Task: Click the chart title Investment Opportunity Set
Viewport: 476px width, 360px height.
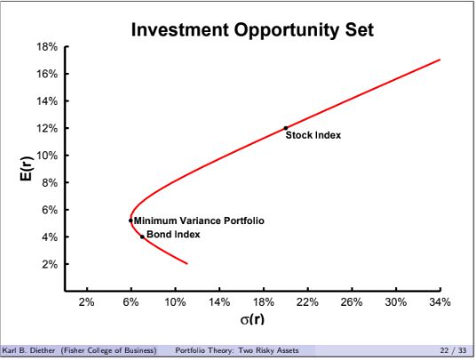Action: pyautogui.click(x=252, y=30)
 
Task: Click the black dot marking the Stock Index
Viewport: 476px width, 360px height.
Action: pyautogui.click(x=285, y=128)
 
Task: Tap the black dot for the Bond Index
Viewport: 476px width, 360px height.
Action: pyautogui.click(x=142, y=236)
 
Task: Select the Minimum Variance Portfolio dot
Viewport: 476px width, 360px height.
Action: pyautogui.click(x=131, y=220)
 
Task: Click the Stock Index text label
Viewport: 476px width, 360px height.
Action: pyautogui.click(x=313, y=136)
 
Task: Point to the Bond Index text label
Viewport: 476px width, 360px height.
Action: pyautogui.click(x=173, y=235)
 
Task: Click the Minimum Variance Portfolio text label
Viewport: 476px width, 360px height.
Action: pyautogui.click(x=199, y=220)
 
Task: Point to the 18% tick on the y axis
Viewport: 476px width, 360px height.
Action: pyautogui.click(x=46, y=46)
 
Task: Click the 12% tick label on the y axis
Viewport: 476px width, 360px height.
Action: pyautogui.click(x=46, y=128)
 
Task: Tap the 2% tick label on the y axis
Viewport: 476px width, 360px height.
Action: pyautogui.click(x=49, y=265)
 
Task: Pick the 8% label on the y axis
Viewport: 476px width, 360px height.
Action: pyautogui.click(x=49, y=183)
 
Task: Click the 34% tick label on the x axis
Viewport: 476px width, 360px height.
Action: pyautogui.click(x=440, y=302)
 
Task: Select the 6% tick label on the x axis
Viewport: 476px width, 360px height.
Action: pyautogui.click(x=131, y=302)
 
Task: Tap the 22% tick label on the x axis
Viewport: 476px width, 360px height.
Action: pyautogui.click(x=307, y=302)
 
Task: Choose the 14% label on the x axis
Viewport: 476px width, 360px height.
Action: pyautogui.click(x=218, y=302)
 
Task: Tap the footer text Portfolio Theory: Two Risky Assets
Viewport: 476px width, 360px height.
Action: pyautogui.click(x=237, y=351)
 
